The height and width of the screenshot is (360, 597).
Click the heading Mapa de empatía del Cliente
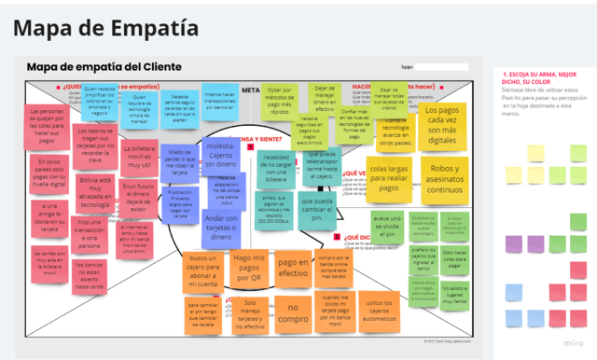104,67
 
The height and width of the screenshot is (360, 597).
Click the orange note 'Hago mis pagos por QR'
249,269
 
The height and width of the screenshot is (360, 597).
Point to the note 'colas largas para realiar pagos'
389,178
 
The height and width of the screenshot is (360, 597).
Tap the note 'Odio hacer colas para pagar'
454,258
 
